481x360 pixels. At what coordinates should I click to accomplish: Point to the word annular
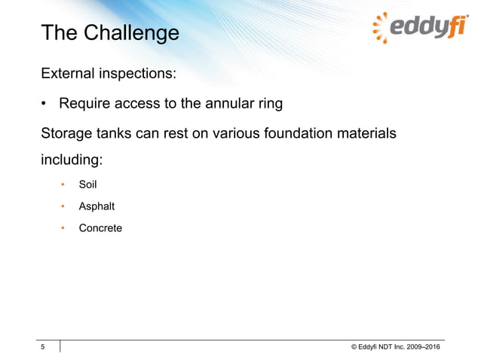click(x=226, y=103)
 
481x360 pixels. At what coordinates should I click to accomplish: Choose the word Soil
click(x=88, y=184)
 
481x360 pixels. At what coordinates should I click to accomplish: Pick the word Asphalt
click(x=97, y=206)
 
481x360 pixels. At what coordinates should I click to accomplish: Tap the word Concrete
click(x=100, y=227)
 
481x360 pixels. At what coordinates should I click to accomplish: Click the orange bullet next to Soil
click(x=63, y=184)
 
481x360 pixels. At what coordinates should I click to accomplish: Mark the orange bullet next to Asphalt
click(x=63, y=206)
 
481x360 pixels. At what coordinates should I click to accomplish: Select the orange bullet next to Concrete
click(x=63, y=227)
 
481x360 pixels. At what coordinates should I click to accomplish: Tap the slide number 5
click(x=43, y=346)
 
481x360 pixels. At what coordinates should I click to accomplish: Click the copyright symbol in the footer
click(x=354, y=346)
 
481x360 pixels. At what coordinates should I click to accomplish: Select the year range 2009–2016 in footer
click(x=424, y=346)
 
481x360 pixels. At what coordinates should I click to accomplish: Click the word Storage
click(x=66, y=133)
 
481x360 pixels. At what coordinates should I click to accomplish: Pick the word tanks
click(x=117, y=133)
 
